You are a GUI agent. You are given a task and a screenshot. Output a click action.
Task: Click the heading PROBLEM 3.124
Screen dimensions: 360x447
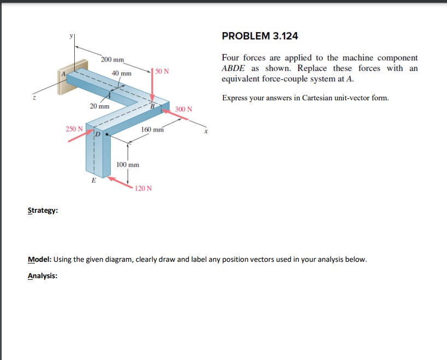260,36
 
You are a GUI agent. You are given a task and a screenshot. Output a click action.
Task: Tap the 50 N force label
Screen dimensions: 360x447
162,71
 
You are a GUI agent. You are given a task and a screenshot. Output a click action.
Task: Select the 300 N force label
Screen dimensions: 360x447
183,109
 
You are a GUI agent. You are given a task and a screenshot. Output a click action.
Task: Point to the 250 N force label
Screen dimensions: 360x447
74,129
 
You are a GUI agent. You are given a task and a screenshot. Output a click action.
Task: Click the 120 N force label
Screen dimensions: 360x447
144,188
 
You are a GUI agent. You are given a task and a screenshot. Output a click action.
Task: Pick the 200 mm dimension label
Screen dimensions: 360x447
112,59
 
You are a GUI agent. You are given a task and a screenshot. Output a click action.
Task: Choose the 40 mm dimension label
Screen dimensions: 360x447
122,73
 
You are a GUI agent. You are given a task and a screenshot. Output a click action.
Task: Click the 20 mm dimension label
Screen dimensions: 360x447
99,106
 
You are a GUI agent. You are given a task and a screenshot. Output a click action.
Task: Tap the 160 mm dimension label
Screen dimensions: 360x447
152,130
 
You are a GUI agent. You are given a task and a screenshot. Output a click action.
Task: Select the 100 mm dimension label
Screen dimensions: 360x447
128,164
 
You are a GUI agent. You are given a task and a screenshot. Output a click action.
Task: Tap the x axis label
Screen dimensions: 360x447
206,131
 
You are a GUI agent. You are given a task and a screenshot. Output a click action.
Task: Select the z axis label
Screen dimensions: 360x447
34,98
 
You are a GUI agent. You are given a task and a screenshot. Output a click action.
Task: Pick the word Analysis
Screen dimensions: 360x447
42,276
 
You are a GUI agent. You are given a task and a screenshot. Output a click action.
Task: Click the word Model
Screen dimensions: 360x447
39,259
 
